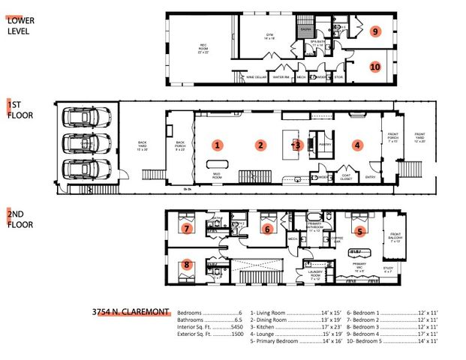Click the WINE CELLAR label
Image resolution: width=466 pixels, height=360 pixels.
coord(256,76)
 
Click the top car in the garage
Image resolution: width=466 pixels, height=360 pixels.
coord(84,118)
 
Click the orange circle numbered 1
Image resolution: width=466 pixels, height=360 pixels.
coord(218,144)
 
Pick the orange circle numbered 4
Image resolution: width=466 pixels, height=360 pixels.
coord(358,145)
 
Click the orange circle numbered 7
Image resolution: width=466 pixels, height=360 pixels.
coord(188,226)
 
